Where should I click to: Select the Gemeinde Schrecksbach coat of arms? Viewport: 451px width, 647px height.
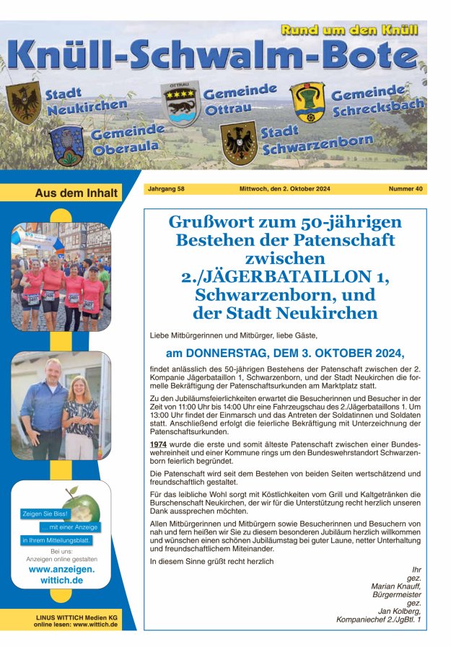tap(307, 102)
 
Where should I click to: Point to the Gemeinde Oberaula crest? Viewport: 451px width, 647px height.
tap(67, 145)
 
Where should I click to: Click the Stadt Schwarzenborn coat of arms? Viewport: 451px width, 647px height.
tap(238, 141)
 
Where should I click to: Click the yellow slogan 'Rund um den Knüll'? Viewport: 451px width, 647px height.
tap(349, 30)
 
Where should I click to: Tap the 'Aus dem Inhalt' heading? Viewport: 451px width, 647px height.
tap(66, 193)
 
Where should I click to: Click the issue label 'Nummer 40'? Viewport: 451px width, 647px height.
tap(406, 189)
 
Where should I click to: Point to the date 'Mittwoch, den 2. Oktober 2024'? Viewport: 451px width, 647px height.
tap(284, 189)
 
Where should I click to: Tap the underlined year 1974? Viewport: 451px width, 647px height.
tap(158, 443)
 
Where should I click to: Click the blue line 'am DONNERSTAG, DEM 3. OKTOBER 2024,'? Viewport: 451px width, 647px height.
tap(285, 353)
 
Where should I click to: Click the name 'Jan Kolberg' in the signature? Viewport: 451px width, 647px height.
tap(400, 610)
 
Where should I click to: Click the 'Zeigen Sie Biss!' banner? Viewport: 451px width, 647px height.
tap(45, 514)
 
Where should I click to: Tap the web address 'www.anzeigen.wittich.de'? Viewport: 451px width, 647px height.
tap(61, 574)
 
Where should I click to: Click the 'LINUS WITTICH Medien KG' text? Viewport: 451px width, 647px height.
tap(76, 617)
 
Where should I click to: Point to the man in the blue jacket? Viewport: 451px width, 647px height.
tap(45, 408)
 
